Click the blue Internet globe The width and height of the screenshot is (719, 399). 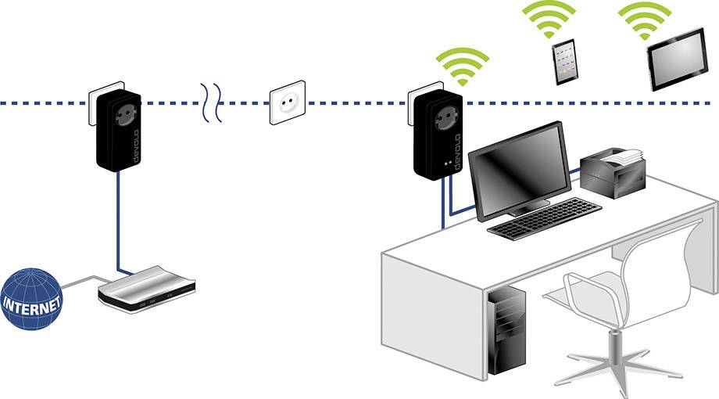click(x=31, y=300)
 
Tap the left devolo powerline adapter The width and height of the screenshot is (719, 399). click(x=118, y=131)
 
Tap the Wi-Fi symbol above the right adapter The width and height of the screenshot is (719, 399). click(x=462, y=66)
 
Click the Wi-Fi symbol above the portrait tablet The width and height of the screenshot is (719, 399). click(x=550, y=17)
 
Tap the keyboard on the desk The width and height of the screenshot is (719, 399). click(x=544, y=217)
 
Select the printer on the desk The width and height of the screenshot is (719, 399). click(x=613, y=169)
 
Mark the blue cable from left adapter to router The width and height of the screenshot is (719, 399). click(x=118, y=227)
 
